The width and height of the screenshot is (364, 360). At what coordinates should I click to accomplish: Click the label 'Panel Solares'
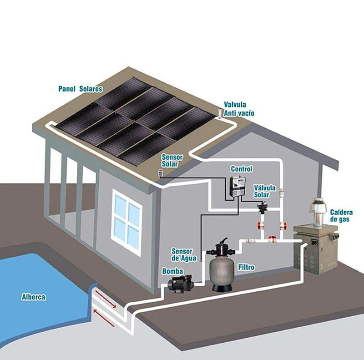coord(80,89)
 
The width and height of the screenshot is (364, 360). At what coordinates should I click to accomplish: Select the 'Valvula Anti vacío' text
coord(239,109)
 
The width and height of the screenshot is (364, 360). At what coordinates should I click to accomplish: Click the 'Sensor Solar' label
coord(172,160)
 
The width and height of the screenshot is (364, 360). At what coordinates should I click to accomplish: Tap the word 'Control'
coord(241,169)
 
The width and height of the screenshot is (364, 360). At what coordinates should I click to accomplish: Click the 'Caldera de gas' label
coord(341,216)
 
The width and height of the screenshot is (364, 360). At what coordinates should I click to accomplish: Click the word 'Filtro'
coord(246,267)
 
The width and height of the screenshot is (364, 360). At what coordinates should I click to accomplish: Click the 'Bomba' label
coord(172,271)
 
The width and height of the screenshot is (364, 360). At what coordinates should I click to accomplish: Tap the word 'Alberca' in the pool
coord(34,297)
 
